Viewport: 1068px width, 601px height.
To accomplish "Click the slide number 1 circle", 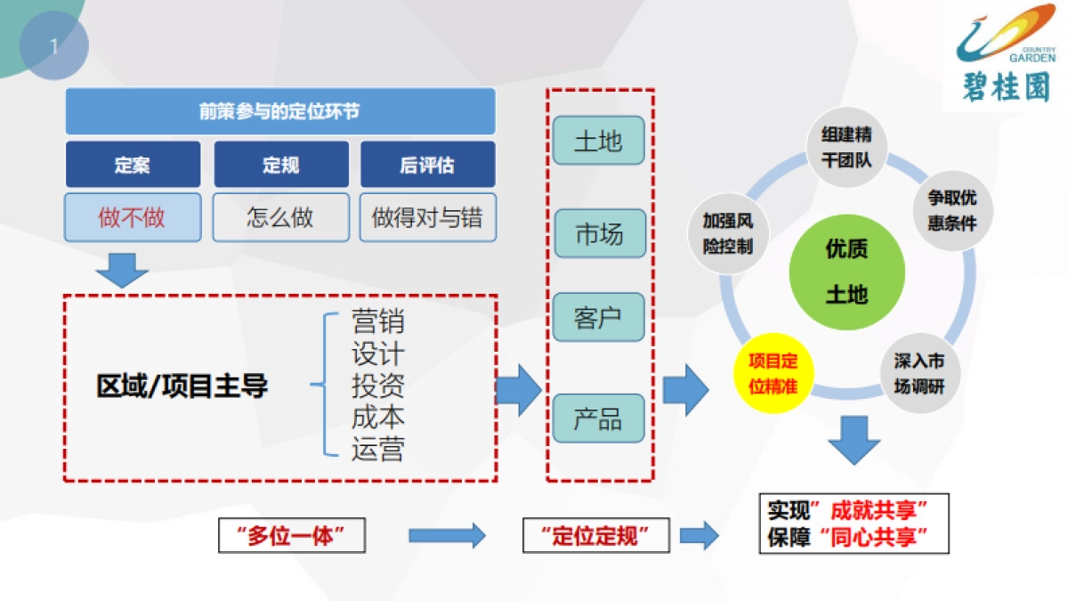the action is [54, 45].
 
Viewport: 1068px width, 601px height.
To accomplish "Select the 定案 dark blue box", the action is [133, 164].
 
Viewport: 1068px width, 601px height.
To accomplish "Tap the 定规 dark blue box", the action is [281, 164].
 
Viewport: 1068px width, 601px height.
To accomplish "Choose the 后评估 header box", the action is [428, 164].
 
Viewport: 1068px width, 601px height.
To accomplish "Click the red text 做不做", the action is [132, 217].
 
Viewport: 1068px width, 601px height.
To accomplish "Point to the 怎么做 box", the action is [281, 217].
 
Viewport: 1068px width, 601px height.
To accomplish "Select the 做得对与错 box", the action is [428, 217].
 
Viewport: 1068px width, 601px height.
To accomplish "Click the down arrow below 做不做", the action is [122, 271].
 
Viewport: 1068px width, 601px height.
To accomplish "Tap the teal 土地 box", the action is [599, 141].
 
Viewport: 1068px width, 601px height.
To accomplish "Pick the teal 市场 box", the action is [600, 233].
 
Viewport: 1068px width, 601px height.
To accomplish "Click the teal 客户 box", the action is [599, 317].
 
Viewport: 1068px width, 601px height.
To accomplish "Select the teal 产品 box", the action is [599, 418].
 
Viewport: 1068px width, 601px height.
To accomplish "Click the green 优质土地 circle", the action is [847, 272].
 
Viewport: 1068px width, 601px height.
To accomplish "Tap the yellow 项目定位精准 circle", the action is [773, 373].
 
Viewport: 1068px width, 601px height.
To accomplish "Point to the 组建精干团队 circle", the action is [846, 148].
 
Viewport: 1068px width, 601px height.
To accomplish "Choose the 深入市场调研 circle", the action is [919, 373].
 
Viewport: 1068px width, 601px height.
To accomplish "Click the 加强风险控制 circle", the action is [728, 233].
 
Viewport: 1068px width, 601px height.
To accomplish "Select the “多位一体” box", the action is [292, 535].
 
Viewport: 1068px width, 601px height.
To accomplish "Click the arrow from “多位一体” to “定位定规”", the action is [447, 535].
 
